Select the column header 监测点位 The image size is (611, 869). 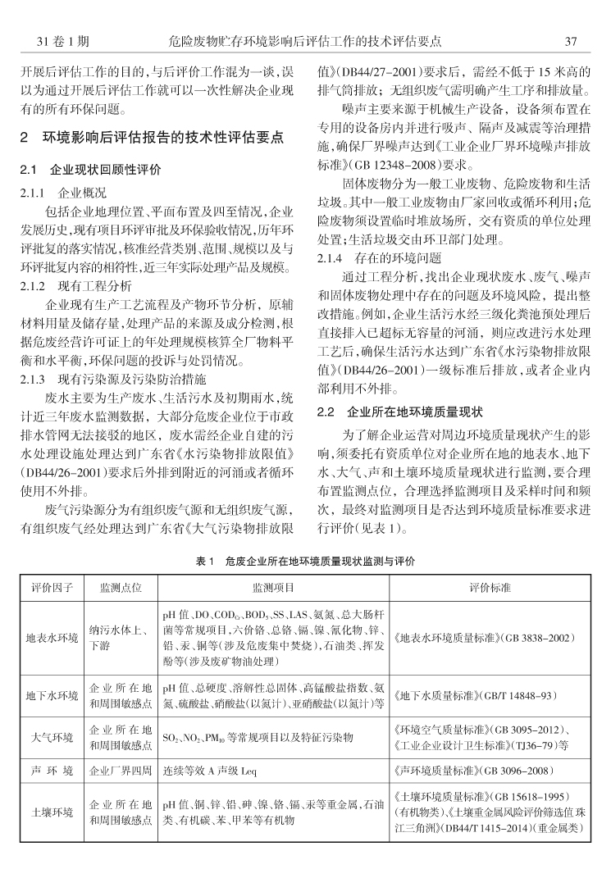(121, 589)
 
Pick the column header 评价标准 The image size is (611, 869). (490, 589)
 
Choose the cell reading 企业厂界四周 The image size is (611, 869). (121, 771)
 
